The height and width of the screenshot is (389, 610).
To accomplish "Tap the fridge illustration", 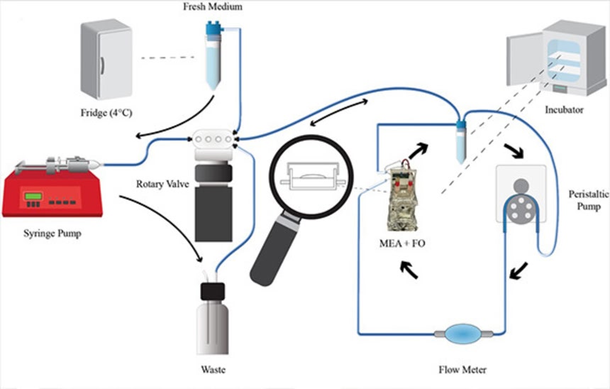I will coord(106,60).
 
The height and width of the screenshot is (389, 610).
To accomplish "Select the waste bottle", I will coord(213,319).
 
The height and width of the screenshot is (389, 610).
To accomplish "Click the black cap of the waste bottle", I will coord(212,292).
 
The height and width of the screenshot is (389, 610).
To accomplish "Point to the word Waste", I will coord(213,368).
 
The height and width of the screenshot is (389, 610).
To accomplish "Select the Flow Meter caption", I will coord(462,368).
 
